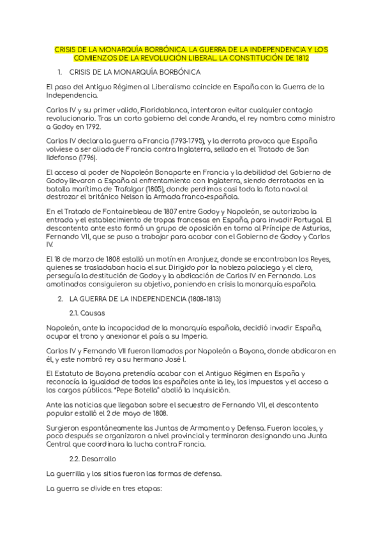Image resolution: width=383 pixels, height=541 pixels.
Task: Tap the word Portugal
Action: (x=293, y=220)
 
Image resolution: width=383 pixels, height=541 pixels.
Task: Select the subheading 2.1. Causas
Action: (x=87, y=313)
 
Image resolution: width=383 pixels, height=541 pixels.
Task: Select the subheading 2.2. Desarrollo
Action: (x=92, y=458)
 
